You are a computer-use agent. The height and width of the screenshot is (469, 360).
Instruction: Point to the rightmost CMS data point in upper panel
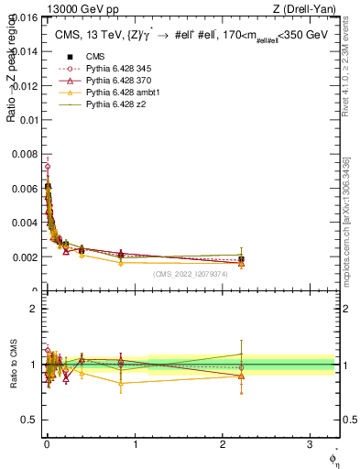(x=241, y=260)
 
